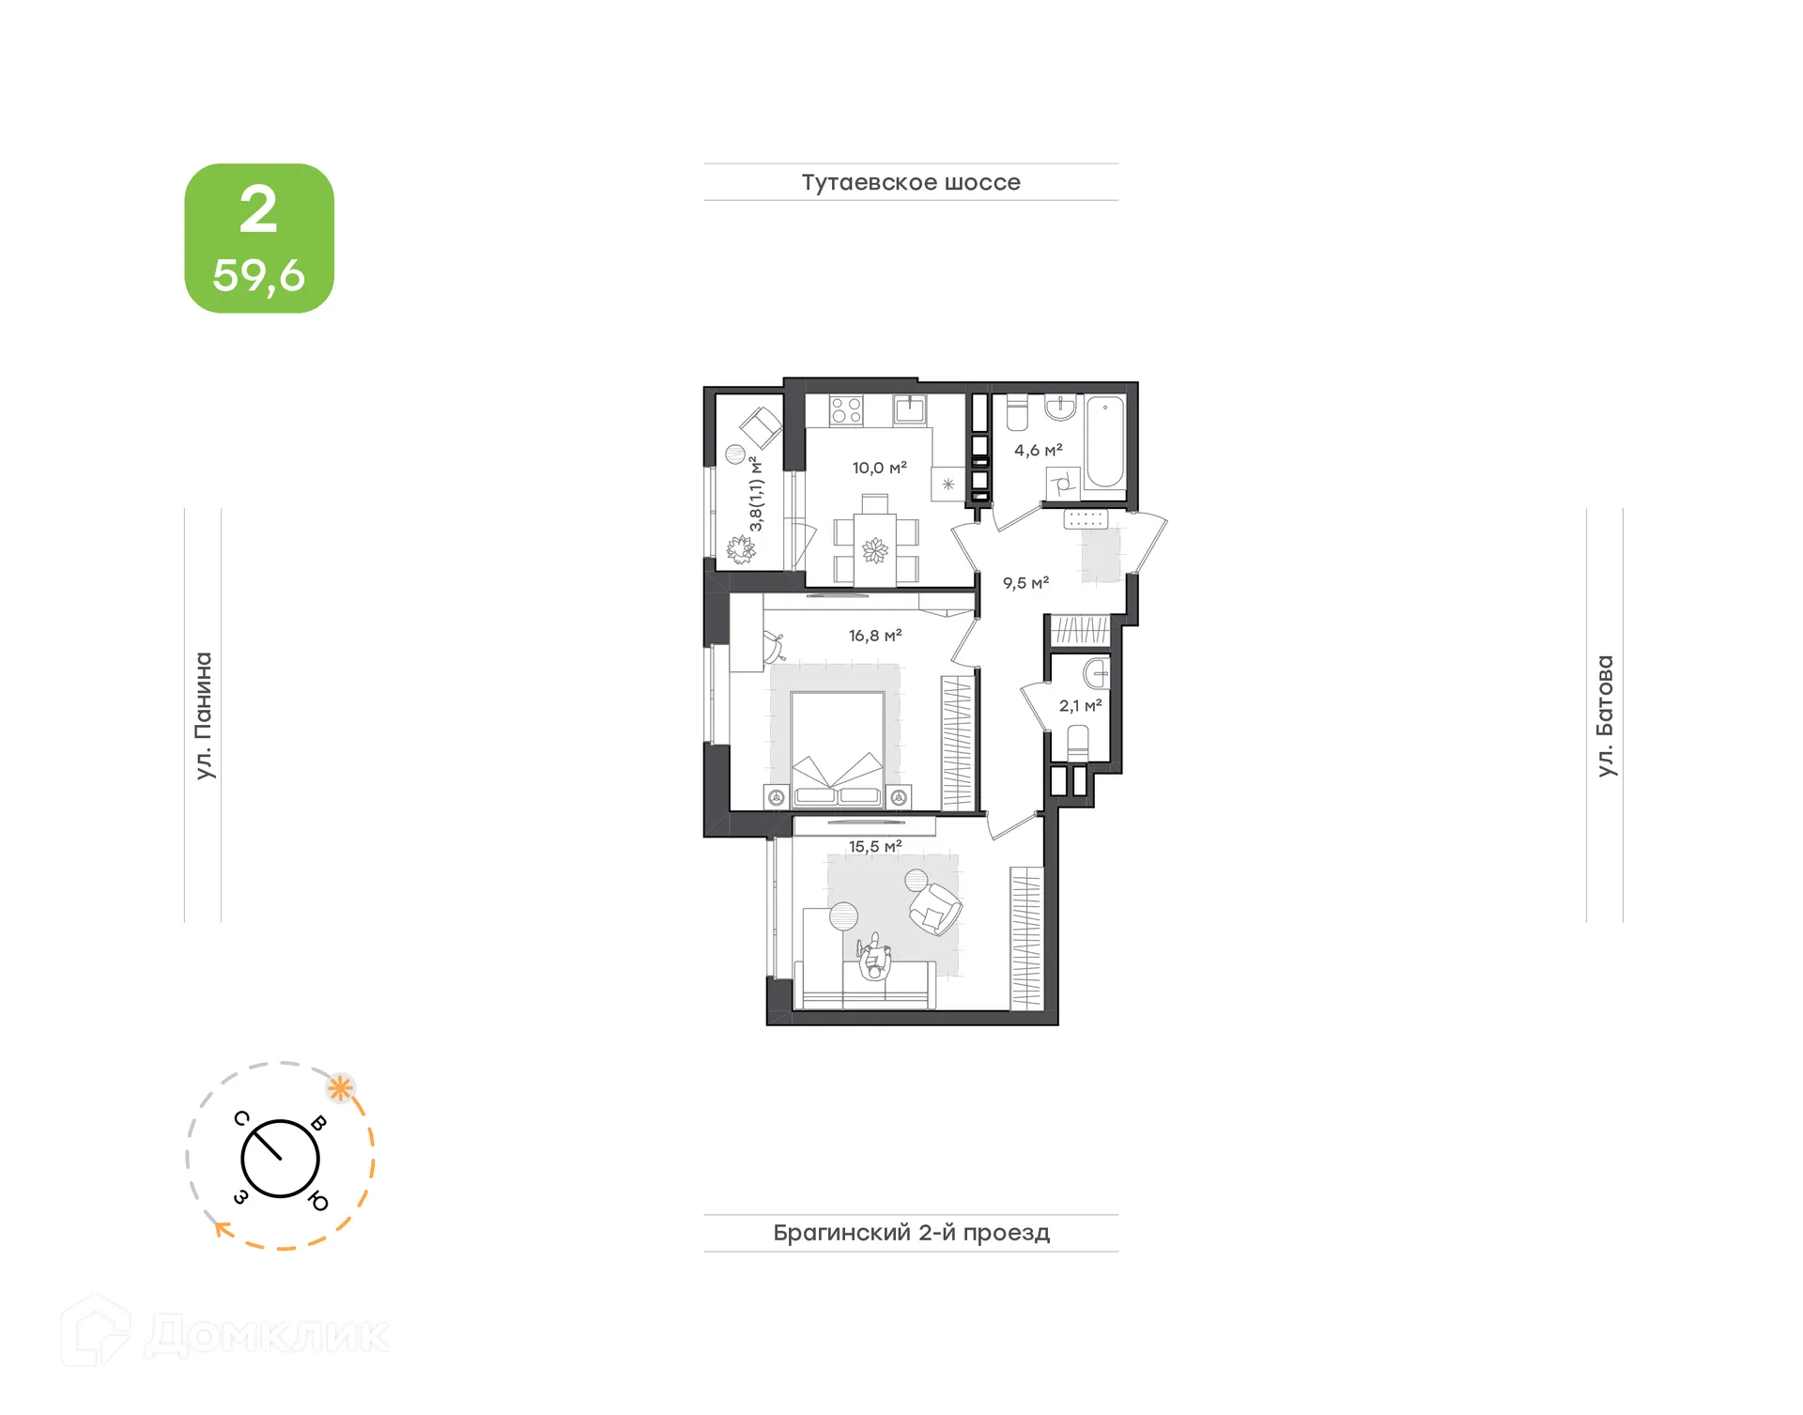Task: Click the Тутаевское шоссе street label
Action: click(x=910, y=182)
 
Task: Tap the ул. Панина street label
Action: click(x=204, y=715)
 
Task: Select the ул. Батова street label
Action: click(x=1605, y=715)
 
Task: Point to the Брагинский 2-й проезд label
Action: click(x=911, y=1232)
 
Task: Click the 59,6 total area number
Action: click(x=258, y=275)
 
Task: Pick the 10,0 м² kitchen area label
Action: click(x=879, y=468)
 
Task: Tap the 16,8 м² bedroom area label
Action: click(x=875, y=636)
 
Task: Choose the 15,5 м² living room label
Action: click(x=875, y=846)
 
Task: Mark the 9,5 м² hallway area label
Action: click(x=1025, y=583)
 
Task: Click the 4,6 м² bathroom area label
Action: click(x=1038, y=451)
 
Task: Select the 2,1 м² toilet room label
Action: click(x=1080, y=706)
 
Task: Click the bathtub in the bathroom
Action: click(x=1105, y=444)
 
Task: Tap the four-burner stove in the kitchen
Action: click(x=846, y=410)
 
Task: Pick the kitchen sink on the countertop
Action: click(x=909, y=409)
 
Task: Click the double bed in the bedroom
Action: click(x=838, y=748)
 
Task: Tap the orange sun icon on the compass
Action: click(x=340, y=1089)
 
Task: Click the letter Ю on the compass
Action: click(x=318, y=1201)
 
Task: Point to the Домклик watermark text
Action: click(x=267, y=1335)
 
